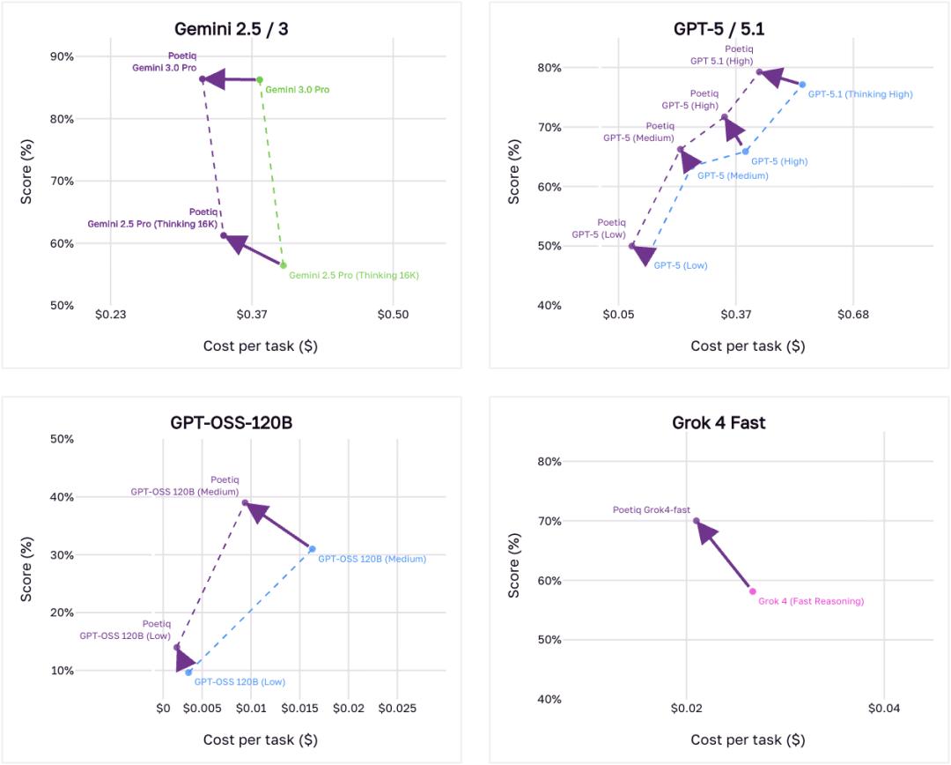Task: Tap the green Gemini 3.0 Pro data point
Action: [x=259, y=79]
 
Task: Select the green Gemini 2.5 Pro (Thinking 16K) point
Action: [x=284, y=264]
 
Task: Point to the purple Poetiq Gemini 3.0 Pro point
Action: [x=202, y=79]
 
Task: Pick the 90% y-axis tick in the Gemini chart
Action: [x=62, y=56]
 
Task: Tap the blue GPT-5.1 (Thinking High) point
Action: [x=802, y=85]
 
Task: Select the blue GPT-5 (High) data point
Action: [x=745, y=151]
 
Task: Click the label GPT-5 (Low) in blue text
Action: [x=680, y=265]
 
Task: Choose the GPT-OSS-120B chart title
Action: [x=231, y=423]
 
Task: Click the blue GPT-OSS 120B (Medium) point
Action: [x=312, y=549]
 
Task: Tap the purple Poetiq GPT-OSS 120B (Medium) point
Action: [x=245, y=503]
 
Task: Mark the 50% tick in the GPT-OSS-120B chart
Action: [x=62, y=439]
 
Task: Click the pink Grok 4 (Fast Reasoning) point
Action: [x=752, y=591]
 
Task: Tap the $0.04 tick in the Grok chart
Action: [x=883, y=708]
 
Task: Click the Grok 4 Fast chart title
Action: [x=719, y=423]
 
